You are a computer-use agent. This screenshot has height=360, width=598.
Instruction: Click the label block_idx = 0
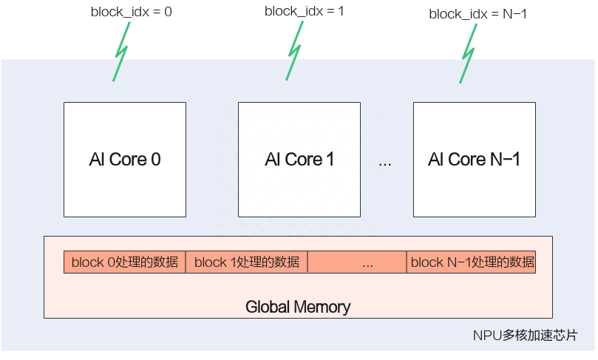(x=130, y=12)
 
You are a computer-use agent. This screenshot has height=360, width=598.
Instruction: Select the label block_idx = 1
(x=303, y=11)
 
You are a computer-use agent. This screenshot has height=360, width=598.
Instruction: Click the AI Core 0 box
(x=124, y=160)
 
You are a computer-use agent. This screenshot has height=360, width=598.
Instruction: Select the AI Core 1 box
(x=299, y=160)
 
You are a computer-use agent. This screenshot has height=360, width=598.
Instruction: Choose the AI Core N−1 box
(x=474, y=160)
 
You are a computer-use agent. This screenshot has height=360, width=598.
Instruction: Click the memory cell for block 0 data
(x=124, y=262)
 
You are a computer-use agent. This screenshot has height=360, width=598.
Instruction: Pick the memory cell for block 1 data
(x=247, y=262)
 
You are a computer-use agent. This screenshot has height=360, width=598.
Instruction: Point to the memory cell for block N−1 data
(x=471, y=262)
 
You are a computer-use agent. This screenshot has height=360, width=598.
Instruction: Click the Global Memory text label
(x=298, y=306)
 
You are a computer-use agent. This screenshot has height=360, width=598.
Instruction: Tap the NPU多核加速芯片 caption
(x=524, y=336)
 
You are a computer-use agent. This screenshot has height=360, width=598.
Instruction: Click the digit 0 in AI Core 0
(x=155, y=160)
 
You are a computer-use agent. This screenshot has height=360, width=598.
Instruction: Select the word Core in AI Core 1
(x=304, y=160)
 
